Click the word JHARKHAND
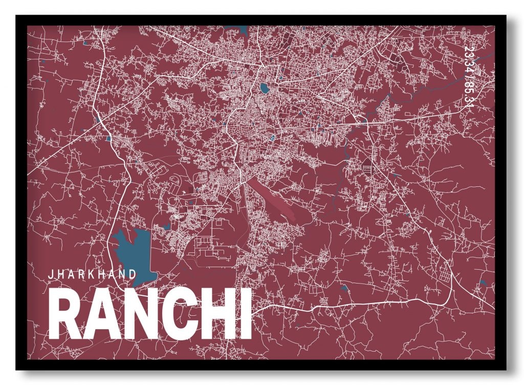(x=92, y=274)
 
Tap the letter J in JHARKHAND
(x=50, y=274)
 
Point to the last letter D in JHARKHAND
(x=134, y=274)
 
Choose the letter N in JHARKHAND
(x=123, y=274)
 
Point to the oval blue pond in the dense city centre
(x=264, y=89)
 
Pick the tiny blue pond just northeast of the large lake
(x=165, y=225)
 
